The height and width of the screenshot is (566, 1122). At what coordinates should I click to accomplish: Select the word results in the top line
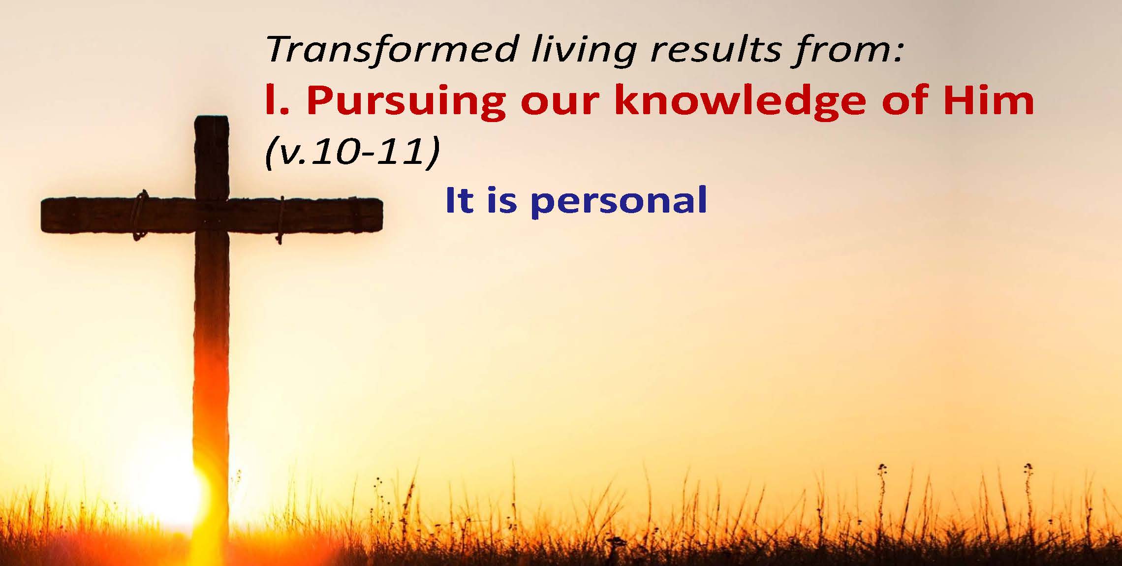click(716, 50)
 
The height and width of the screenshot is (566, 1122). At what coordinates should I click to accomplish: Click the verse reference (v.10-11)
click(352, 150)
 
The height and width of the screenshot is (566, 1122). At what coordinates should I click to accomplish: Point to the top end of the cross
click(212, 117)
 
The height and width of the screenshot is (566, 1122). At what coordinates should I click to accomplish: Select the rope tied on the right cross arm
click(281, 220)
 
